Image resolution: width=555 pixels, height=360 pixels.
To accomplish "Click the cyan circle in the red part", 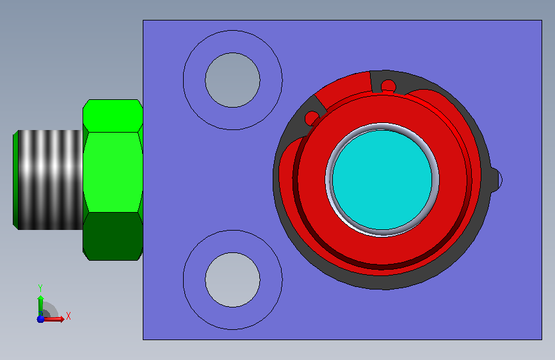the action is coord(382,180).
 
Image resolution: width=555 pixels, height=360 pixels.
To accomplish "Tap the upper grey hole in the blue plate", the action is coord(232,80).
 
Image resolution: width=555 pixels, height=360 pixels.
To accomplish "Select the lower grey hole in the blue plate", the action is coord(232,280).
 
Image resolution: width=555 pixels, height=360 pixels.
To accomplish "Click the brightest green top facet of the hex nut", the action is coord(113,116).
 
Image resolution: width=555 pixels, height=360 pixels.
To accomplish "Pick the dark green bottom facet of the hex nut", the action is coord(113,236).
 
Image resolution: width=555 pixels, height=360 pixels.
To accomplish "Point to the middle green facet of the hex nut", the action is coord(113,172).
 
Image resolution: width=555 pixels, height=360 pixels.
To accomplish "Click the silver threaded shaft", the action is coord(51,180).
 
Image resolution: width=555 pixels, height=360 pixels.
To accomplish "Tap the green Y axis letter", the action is coord(40,288).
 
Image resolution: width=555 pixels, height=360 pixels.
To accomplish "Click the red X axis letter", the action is coord(68,316).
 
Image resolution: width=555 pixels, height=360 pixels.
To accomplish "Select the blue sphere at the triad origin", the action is coord(41,319).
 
